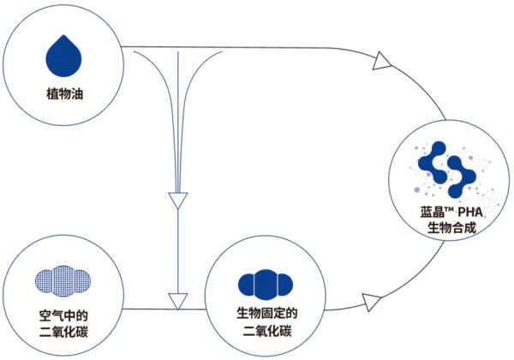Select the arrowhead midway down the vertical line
tap(176, 201)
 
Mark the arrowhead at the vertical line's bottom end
tap(176, 301)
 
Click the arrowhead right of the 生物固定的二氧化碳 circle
tap(372, 301)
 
